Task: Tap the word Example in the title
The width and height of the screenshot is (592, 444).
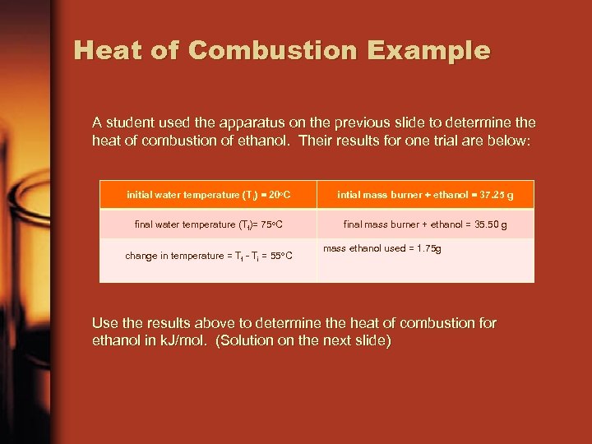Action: tap(428, 50)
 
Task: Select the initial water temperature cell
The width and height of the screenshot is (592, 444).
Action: tap(209, 195)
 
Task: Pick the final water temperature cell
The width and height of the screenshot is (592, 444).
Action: tap(209, 224)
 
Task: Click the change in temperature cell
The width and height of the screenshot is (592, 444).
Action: tap(209, 256)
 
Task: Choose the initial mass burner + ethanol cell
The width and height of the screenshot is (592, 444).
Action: tap(425, 195)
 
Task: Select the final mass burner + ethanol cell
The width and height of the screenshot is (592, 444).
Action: tap(425, 224)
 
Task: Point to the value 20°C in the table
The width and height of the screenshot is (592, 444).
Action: tap(277, 195)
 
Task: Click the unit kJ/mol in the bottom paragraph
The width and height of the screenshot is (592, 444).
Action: tap(186, 341)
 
